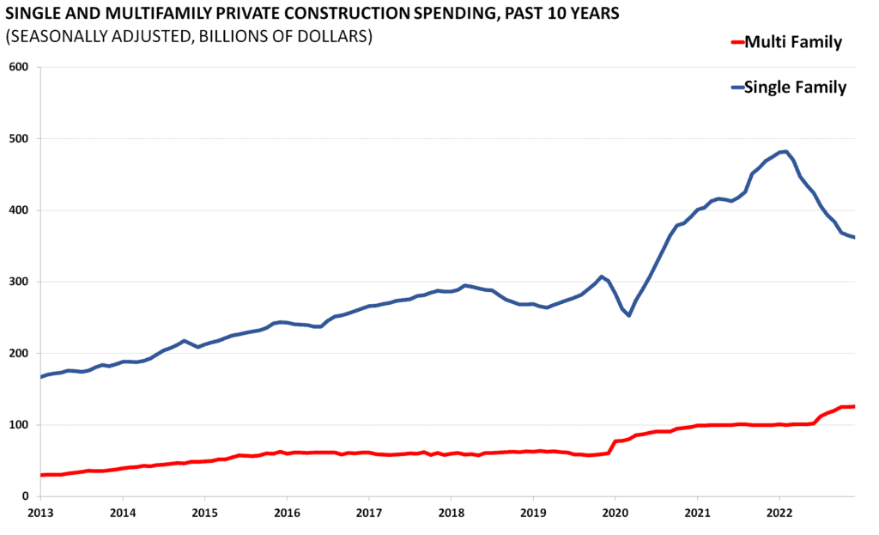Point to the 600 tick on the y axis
tap(19, 67)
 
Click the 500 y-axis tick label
tap(19, 139)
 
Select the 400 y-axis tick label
tap(19, 210)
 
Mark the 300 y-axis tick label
tap(19, 282)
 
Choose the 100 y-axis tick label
tap(19, 425)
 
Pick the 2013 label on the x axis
tap(40, 514)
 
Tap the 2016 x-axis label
tap(287, 514)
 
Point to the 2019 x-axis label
tap(533, 514)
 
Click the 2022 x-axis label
tap(779, 514)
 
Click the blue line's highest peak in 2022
tap(785, 151)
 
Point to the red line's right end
tap(854, 406)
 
